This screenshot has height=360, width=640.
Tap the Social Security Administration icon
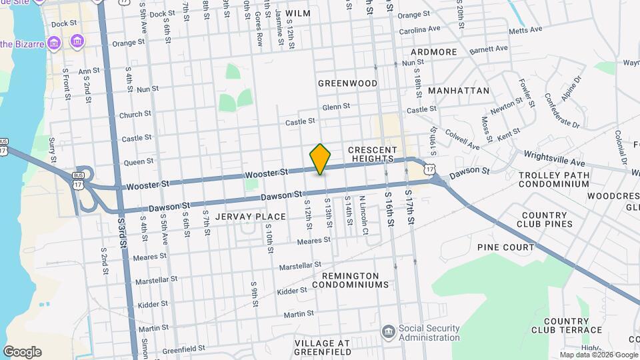pyautogui.click(x=388, y=332)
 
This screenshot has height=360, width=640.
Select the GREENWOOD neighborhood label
pyautogui.click(x=347, y=83)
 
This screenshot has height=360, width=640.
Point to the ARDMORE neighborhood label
pyautogui.click(x=434, y=52)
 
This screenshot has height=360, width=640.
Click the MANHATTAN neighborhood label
pyautogui.click(x=459, y=91)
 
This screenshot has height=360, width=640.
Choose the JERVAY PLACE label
pyautogui.click(x=251, y=217)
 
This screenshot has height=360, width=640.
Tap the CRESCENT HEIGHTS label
pyautogui.click(x=373, y=155)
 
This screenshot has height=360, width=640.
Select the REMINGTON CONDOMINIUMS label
pyautogui.click(x=355, y=280)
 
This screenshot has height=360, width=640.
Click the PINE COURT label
pyautogui.click(x=505, y=247)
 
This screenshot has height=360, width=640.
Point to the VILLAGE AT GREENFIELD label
pyautogui.click(x=323, y=348)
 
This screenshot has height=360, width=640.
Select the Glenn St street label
pyautogui.click(x=336, y=107)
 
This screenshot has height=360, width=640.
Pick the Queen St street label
pyautogui.click(x=139, y=161)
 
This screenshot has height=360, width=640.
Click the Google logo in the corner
pyautogui.click(x=22, y=352)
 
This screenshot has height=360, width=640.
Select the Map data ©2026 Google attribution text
pyautogui.click(x=598, y=355)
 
